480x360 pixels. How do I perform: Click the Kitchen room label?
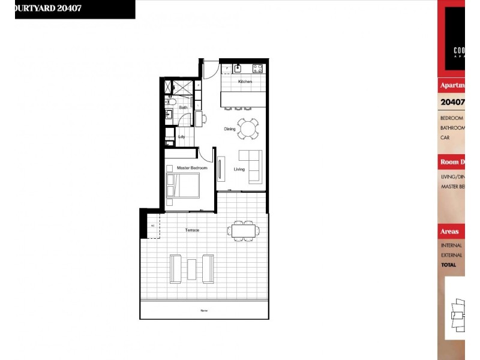coord(245,82)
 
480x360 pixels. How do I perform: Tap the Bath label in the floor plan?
coord(183,108)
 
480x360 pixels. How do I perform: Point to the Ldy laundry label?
coord(181,136)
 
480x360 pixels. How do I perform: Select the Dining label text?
coord(229,129)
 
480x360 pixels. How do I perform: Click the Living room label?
coord(239,169)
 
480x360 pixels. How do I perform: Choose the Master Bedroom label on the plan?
coord(192,168)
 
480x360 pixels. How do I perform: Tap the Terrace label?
coord(192,230)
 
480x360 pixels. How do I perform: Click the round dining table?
coord(248,128)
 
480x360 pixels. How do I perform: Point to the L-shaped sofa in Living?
coord(252,166)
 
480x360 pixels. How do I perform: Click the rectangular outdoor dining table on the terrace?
coord(244,230)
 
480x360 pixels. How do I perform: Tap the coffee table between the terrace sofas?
coord(192,268)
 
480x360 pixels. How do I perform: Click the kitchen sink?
coord(238,68)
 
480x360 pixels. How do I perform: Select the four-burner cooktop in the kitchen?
coord(257,68)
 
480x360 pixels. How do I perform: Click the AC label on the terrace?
coord(152,225)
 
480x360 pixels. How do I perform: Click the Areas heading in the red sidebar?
coord(449,231)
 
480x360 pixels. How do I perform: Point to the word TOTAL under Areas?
coord(448,265)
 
